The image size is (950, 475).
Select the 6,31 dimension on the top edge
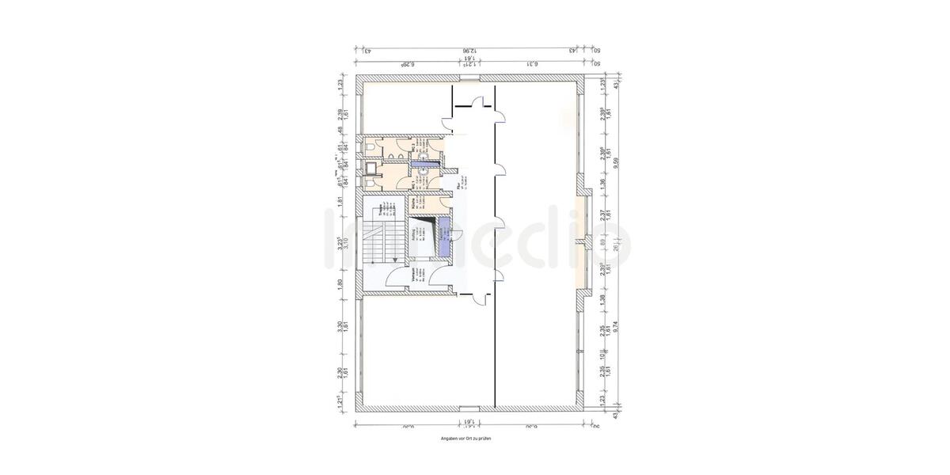(531, 64)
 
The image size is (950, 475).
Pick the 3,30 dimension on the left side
(340, 326)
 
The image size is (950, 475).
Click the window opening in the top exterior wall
(469, 78)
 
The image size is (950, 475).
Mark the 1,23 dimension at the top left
(340, 82)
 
